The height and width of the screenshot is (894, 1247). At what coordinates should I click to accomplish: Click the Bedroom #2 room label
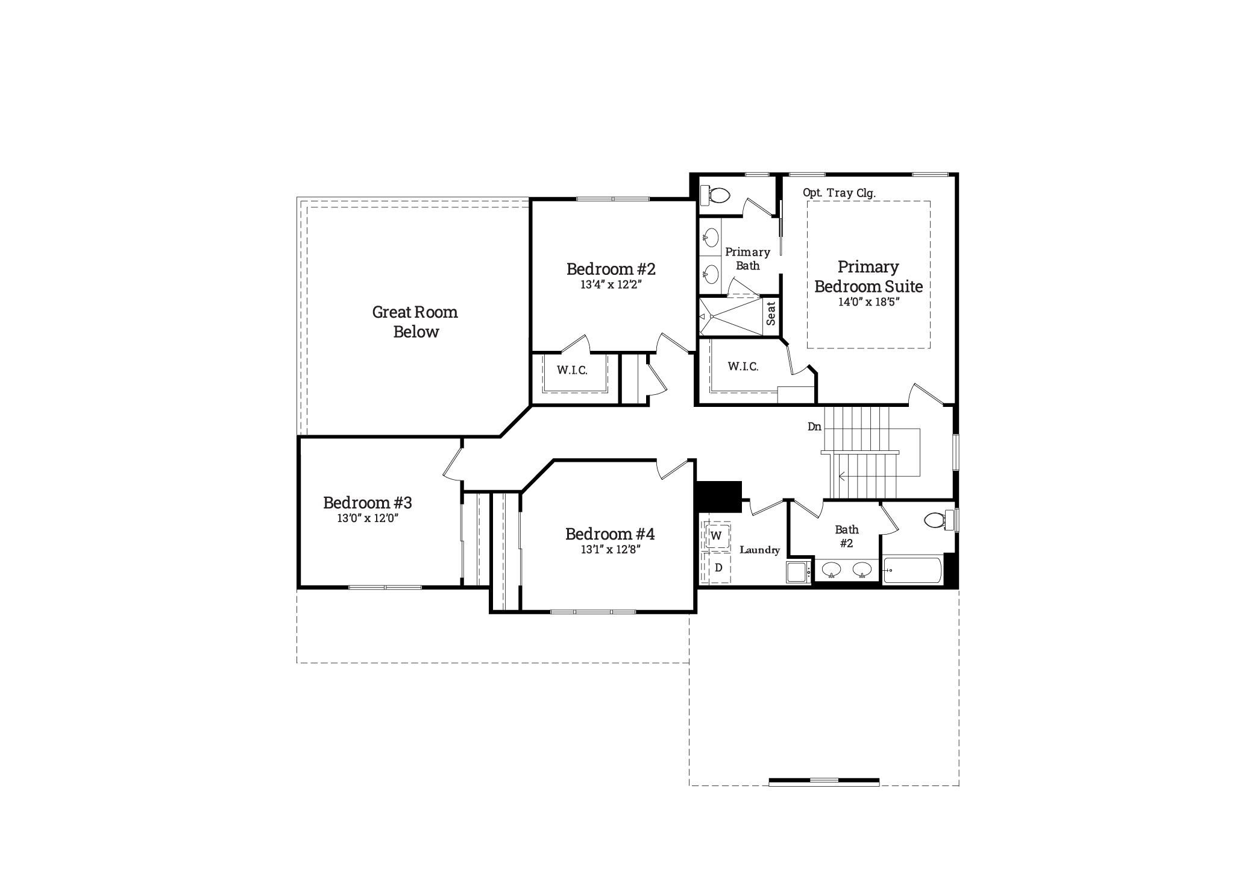611,269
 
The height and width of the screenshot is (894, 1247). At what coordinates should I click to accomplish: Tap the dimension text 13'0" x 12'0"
368,518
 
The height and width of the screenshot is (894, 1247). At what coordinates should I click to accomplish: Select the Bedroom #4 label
610,534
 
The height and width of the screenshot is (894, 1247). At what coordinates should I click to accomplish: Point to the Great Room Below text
415,322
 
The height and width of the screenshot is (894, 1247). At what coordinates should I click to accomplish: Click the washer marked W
717,536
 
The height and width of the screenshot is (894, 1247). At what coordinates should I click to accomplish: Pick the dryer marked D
718,568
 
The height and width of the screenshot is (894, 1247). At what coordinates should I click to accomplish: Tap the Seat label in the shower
771,313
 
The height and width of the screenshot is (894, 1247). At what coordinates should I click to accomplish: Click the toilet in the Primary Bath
716,194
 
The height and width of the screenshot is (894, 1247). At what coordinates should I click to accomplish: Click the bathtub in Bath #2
912,570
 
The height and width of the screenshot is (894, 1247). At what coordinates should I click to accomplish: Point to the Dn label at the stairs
814,427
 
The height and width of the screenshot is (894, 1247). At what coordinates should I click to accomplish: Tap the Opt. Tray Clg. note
839,193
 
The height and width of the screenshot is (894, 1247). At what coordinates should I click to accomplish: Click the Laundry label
759,550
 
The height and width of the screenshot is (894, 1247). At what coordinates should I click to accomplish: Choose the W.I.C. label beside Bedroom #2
572,370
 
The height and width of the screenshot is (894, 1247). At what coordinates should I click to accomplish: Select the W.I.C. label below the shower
743,367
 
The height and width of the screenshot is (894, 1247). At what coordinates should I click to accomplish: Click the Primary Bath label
747,259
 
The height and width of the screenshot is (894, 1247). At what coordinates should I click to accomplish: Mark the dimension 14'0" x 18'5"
869,303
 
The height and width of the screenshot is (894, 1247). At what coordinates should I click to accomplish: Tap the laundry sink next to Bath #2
799,571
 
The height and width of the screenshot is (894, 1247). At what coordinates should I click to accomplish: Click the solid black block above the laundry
718,497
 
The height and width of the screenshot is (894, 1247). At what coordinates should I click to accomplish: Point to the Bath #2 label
847,537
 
